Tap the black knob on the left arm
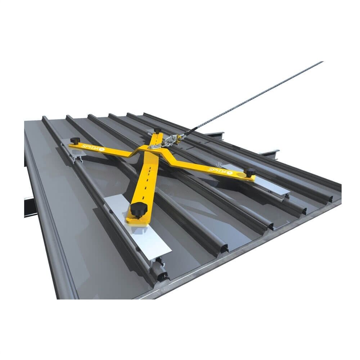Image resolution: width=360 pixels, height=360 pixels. [75, 140]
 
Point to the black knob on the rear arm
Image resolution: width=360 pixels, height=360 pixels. [157, 130]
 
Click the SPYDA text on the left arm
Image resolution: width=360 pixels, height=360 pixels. [87, 148]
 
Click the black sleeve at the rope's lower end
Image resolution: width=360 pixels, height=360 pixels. [190, 130]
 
